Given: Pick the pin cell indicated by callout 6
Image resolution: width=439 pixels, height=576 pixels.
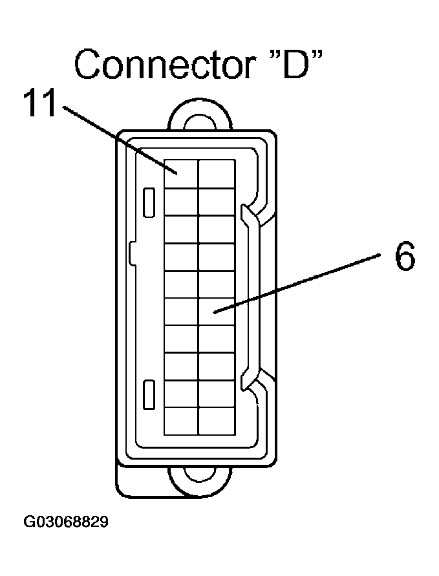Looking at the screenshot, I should pyautogui.click(x=216, y=311).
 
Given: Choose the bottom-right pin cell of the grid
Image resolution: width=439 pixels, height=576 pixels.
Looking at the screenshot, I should pyautogui.click(x=216, y=421).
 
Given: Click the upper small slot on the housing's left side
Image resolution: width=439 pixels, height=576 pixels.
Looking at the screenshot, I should pyautogui.click(x=148, y=202).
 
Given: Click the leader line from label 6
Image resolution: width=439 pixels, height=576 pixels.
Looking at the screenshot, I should pyautogui.click(x=297, y=284).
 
